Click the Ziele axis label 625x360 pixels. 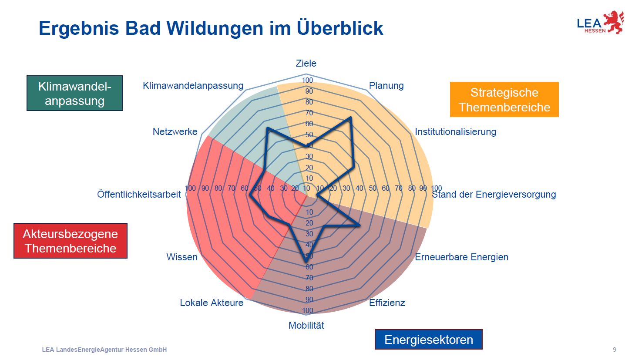(306, 64)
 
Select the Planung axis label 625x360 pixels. (386, 86)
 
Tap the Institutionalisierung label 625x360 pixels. (455, 131)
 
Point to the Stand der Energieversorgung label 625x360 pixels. (494, 195)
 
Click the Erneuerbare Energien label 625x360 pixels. (461, 257)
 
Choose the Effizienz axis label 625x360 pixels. (387, 303)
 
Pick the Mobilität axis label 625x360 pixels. (306, 325)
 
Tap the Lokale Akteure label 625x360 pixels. (212, 303)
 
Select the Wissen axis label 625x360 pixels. (181, 257)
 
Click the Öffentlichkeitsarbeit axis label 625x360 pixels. (139, 195)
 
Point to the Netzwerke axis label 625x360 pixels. (175, 131)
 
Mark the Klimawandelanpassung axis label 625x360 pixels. (193, 86)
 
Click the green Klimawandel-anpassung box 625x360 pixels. (74, 93)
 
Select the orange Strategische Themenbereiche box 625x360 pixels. (504, 100)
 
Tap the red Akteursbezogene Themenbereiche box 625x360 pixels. (70, 241)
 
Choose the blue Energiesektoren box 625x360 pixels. (428, 340)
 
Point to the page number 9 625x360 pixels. (614, 350)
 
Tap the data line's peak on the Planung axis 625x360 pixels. (350, 118)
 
